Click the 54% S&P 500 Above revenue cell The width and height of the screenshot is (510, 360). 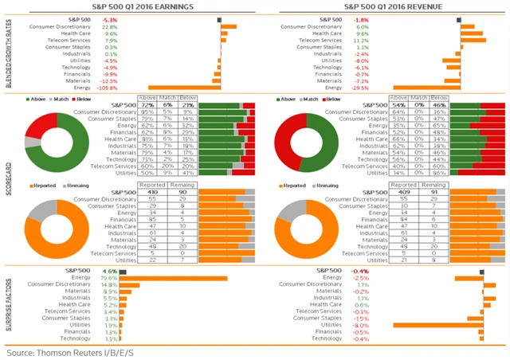click(x=399, y=104)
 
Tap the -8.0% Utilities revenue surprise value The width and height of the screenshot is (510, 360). click(x=360, y=325)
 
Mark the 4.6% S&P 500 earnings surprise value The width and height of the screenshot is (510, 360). click(x=111, y=272)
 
